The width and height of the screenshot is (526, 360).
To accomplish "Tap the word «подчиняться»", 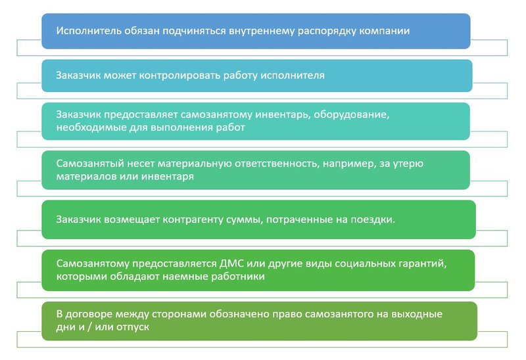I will pos(200,31).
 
